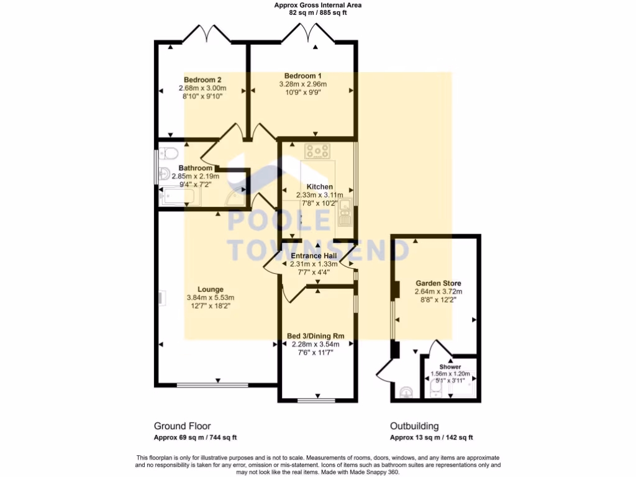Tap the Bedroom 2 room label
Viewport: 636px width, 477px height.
[202, 79]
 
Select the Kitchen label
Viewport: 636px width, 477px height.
[319, 187]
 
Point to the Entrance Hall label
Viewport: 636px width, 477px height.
[314, 256]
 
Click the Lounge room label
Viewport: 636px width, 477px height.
[210, 289]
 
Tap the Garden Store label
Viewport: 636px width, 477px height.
[438, 283]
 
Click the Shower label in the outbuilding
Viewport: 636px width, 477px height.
[450, 367]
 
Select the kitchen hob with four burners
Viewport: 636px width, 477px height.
[317, 150]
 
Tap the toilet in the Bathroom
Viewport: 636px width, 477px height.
[169, 153]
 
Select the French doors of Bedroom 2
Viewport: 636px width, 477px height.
[207, 33]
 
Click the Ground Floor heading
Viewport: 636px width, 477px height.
[182, 426]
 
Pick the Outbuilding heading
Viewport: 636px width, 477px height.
[414, 426]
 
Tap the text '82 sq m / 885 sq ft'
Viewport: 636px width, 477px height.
[318, 12]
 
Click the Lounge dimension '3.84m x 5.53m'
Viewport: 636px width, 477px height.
[210, 298]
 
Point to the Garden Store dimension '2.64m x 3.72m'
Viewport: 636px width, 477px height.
[438, 291]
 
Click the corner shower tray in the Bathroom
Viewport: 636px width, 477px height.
[236, 198]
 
